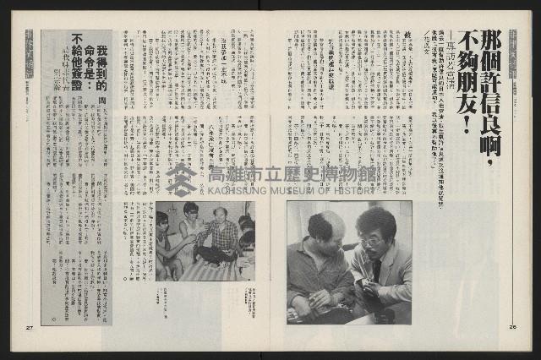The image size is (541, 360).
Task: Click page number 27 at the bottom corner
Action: (30, 328)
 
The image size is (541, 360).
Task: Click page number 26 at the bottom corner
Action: (512, 328)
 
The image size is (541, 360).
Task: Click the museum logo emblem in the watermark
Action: (180, 179)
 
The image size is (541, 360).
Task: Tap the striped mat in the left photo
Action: (203, 270)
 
